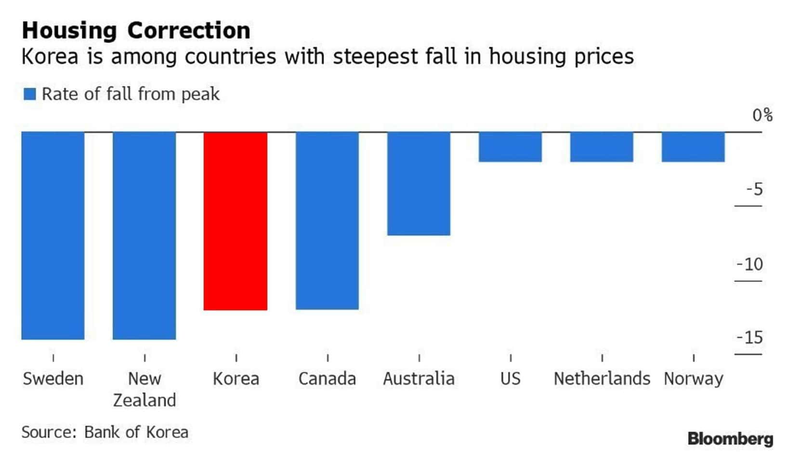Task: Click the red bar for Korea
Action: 236,221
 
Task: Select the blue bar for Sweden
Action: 53,235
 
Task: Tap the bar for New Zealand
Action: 144,235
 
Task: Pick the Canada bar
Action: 327,220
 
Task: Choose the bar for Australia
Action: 419,183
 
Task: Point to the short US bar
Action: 510,147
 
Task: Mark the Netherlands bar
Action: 602,147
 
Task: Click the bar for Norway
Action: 693,147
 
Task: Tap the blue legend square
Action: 30,94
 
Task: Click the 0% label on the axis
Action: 762,115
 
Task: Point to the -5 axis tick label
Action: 754,189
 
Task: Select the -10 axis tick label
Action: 750,264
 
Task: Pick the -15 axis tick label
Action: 750,337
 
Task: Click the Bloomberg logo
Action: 730,439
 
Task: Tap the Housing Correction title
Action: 136,30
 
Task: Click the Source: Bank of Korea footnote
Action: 105,432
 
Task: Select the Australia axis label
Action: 419,379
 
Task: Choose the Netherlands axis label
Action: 602,379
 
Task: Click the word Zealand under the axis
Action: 144,400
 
